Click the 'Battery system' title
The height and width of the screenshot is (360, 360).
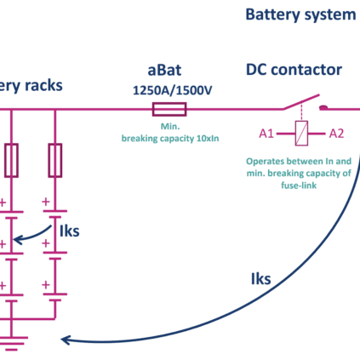pyautogui.click(x=300, y=14)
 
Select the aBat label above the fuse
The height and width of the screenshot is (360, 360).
pyautogui.click(x=164, y=70)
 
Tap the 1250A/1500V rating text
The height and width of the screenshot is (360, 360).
pyautogui.click(x=172, y=90)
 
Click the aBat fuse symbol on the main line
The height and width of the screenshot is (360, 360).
pyautogui.click(x=169, y=109)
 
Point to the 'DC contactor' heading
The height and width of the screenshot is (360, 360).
pyautogui.click(x=294, y=70)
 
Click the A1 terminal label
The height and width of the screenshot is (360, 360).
pyautogui.click(x=266, y=134)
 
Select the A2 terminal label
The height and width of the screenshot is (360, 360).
pyautogui.click(x=336, y=134)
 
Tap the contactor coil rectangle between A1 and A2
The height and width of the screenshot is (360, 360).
pyautogui.click(x=301, y=134)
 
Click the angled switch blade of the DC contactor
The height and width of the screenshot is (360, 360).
pyautogui.click(x=301, y=102)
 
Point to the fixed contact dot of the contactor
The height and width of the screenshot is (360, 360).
pyautogui.click(x=323, y=107)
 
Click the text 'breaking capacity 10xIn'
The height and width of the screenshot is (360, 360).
pyautogui.click(x=170, y=139)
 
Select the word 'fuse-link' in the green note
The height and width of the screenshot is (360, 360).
pyautogui.click(x=299, y=186)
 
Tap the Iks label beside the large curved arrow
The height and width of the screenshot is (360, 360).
pyautogui.click(x=261, y=278)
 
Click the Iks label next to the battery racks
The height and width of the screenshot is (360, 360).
pyautogui.click(x=70, y=231)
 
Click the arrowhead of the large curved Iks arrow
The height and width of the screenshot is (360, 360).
pyautogui.click(x=66, y=340)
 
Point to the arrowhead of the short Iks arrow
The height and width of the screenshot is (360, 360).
pyautogui.click(x=18, y=240)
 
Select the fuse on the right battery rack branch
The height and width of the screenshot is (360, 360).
pyautogui.click(x=55, y=161)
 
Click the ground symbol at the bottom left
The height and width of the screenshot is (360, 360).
pyautogui.click(x=12, y=344)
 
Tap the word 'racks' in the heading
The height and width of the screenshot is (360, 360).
pyautogui.click(x=43, y=85)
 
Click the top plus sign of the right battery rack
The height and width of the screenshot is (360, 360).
pyautogui.click(x=46, y=202)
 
